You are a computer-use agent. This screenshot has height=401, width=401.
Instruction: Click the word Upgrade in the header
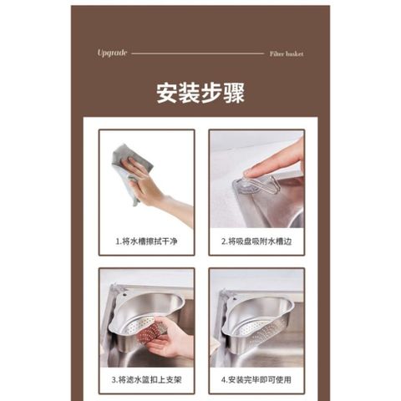click(x=112, y=53)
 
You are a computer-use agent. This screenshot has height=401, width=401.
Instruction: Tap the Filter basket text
click(x=287, y=53)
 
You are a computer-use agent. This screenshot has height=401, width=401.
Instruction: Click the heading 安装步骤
click(x=200, y=93)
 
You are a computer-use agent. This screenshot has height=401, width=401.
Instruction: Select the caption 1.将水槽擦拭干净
click(x=146, y=241)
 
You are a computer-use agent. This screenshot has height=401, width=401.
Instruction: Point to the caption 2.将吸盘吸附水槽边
click(x=256, y=241)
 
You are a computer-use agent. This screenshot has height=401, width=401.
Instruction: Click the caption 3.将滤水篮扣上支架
click(x=146, y=379)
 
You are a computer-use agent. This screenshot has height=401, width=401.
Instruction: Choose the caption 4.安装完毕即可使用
click(x=256, y=379)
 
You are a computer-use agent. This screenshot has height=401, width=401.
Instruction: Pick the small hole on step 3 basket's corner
click(x=125, y=294)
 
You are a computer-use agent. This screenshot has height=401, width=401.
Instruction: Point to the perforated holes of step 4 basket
click(x=261, y=328)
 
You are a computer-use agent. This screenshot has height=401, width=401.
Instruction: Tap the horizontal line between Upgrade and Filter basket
click(x=198, y=53)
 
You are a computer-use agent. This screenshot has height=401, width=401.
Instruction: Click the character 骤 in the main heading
click(x=234, y=93)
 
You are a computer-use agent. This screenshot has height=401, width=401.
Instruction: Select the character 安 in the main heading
click(x=167, y=93)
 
